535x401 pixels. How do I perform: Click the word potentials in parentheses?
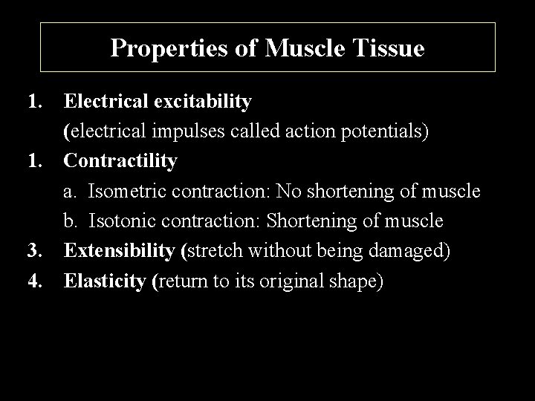coord(386,132)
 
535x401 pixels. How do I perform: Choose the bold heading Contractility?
coord(120,160)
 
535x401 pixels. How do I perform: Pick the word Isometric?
coord(127,192)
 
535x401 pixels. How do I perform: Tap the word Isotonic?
coord(123,221)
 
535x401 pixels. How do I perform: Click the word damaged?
coord(408,251)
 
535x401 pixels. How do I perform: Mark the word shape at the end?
coord(356,281)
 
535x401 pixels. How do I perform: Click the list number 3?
coord(33,251)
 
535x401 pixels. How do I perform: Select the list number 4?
coord(33,281)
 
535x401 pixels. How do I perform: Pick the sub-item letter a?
coord(71,192)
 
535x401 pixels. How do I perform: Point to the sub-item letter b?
coord(71,221)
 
